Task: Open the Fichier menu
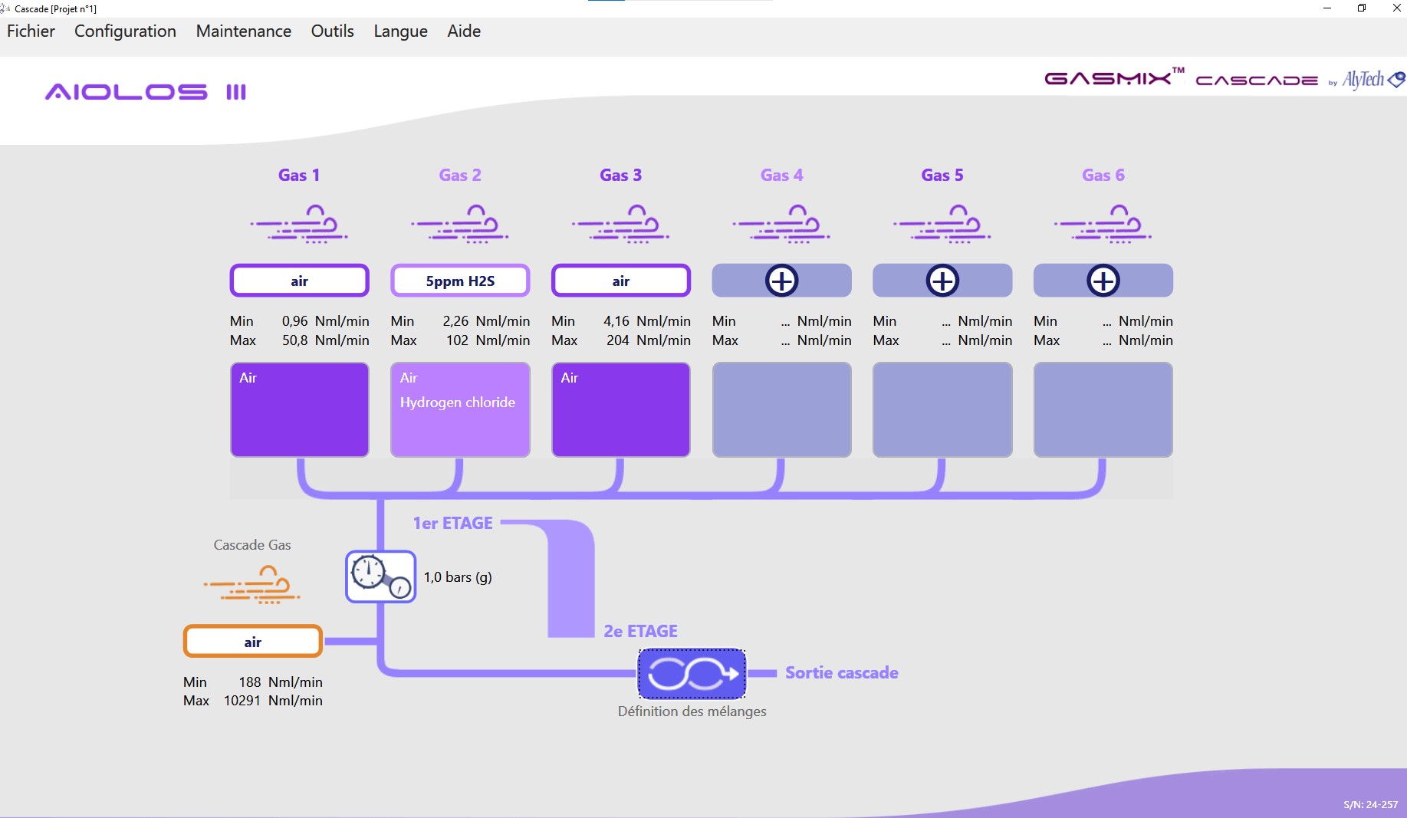[x=31, y=31]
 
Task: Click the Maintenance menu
[x=243, y=31]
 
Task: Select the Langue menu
[x=400, y=31]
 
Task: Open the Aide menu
[x=464, y=31]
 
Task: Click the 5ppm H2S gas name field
[x=460, y=281]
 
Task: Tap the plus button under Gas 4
[x=781, y=281]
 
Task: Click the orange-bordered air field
[x=252, y=642]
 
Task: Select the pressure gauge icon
[x=380, y=577]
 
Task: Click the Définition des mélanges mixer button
[x=692, y=674]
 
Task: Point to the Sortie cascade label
[x=841, y=672]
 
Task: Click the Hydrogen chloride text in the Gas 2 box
[x=457, y=402]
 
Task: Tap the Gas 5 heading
[x=942, y=175]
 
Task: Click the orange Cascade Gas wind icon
[x=252, y=585]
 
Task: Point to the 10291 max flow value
[x=242, y=701]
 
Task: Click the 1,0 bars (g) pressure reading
[x=458, y=577]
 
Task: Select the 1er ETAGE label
[x=452, y=523]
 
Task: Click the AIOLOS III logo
[x=146, y=92]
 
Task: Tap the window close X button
[x=1396, y=8]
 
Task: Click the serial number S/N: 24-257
[x=1370, y=804]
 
